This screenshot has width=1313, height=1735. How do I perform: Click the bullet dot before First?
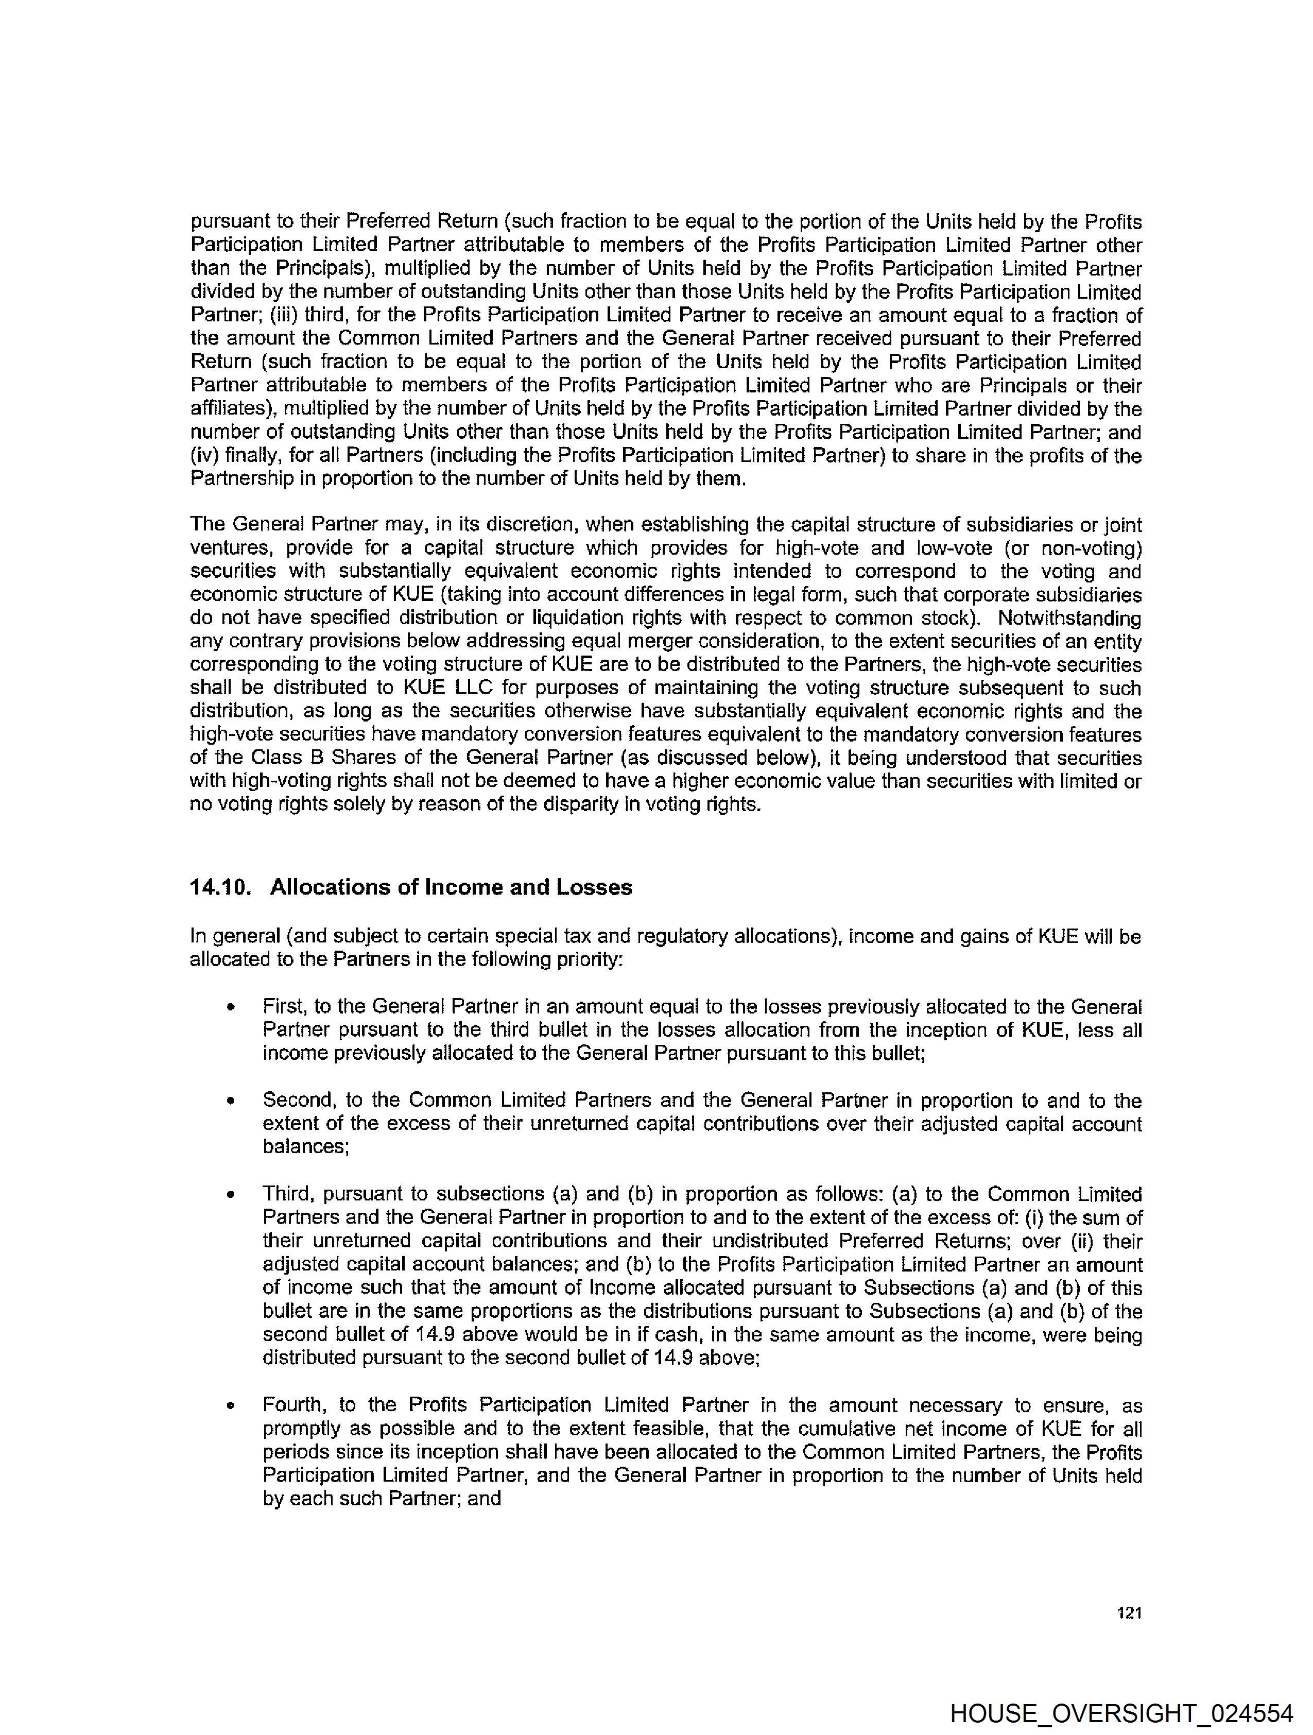click(231, 1007)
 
